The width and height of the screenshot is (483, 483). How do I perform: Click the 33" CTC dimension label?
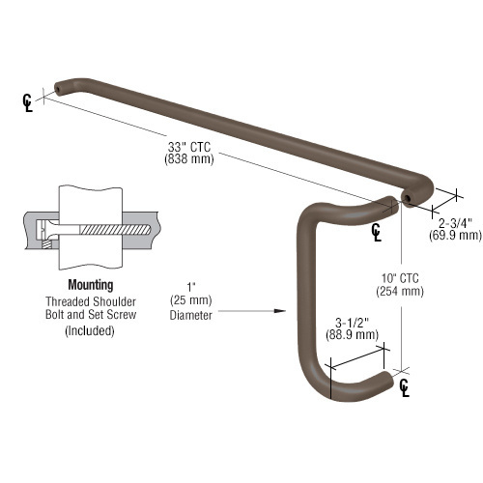(189, 147)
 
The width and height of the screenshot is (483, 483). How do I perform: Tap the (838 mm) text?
(189, 159)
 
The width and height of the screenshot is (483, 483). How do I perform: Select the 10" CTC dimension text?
(400, 278)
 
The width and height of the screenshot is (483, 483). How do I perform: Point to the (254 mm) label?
(400, 291)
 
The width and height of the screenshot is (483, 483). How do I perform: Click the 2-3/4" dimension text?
(455, 223)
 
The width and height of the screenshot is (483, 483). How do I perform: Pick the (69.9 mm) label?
(455, 235)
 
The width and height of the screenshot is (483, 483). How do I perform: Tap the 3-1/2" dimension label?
(352, 323)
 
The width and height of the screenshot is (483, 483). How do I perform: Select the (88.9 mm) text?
(352, 335)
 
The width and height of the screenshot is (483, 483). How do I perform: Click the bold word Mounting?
(91, 285)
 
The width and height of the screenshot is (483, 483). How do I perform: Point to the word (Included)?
(90, 330)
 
